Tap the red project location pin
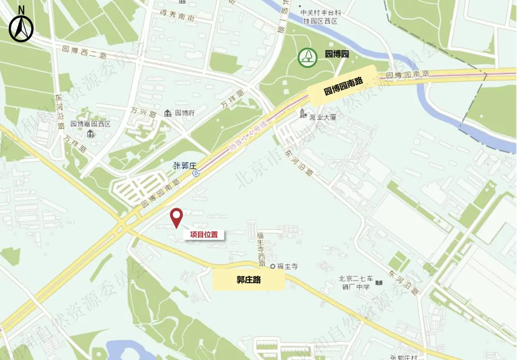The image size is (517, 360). [177, 218]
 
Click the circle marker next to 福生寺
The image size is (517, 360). [272, 266]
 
